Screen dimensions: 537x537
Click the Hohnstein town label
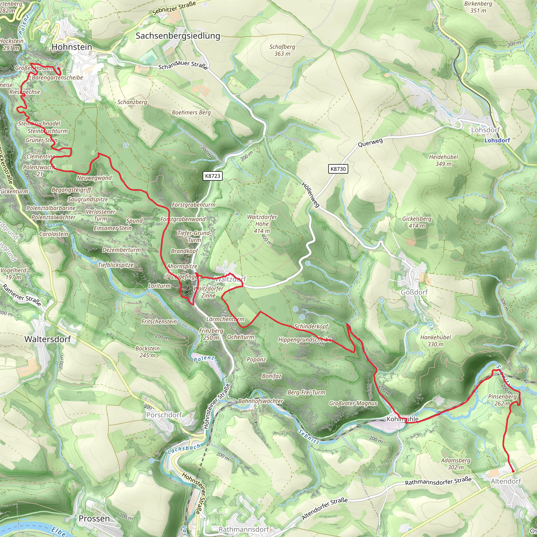pyautogui.click(x=72, y=47)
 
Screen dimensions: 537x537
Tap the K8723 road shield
pyautogui.click(x=212, y=176)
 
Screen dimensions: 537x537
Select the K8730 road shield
pyautogui.click(x=338, y=169)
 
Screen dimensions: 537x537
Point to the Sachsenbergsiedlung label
pyautogui.click(x=178, y=36)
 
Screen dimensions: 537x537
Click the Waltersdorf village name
pyautogui.click(x=47, y=339)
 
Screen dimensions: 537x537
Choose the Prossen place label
pyautogui.click(x=94, y=518)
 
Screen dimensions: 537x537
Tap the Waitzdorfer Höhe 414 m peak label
pyautogui.click(x=262, y=224)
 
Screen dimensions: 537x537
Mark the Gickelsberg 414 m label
pyautogui.click(x=417, y=222)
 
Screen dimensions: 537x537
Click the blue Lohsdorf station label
pyautogui.click(x=497, y=140)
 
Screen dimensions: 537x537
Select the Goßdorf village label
pyautogui.click(x=414, y=292)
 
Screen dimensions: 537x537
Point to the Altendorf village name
pyautogui.click(x=506, y=481)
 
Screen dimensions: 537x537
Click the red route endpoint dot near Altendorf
pyautogui.click(x=513, y=471)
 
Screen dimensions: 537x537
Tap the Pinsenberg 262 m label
pyautogui.click(x=502, y=400)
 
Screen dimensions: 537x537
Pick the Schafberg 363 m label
pyautogui.click(x=282, y=50)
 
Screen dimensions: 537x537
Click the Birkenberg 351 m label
pyautogui.click(x=478, y=7)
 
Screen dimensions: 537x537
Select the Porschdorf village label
pyautogui.click(x=164, y=415)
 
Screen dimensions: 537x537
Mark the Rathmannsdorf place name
pyautogui.click(x=244, y=529)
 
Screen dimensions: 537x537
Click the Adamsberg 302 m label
pyautogui.click(x=455, y=464)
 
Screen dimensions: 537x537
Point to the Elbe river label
pyautogui.click(x=59, y=531)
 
